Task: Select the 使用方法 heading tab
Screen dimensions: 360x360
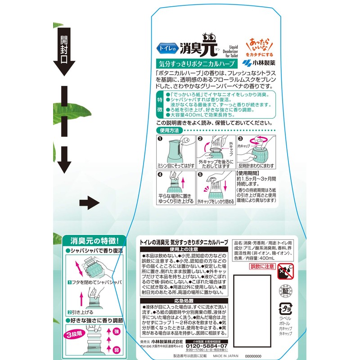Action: (x=169, y=130)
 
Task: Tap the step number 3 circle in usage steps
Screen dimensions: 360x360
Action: (x=240, y=139)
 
